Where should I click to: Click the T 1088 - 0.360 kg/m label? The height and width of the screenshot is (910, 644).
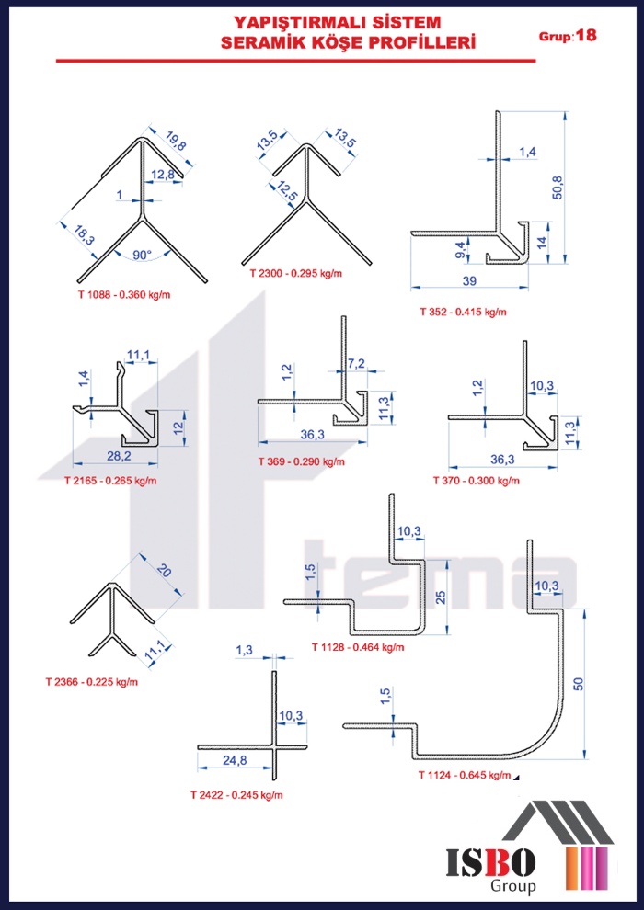(124, 295)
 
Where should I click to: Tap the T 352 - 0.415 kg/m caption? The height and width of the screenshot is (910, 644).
(464, 312)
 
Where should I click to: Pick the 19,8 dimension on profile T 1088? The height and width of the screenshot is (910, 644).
(175, 143)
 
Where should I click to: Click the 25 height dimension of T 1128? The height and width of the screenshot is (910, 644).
(440, 597)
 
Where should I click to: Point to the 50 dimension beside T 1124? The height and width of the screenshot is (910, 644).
(578, 684)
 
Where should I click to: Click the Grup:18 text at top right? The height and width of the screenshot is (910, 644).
(568, 37)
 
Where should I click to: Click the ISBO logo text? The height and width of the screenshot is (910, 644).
(490, 863)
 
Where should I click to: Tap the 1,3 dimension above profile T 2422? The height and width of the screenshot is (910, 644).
(245, 650)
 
